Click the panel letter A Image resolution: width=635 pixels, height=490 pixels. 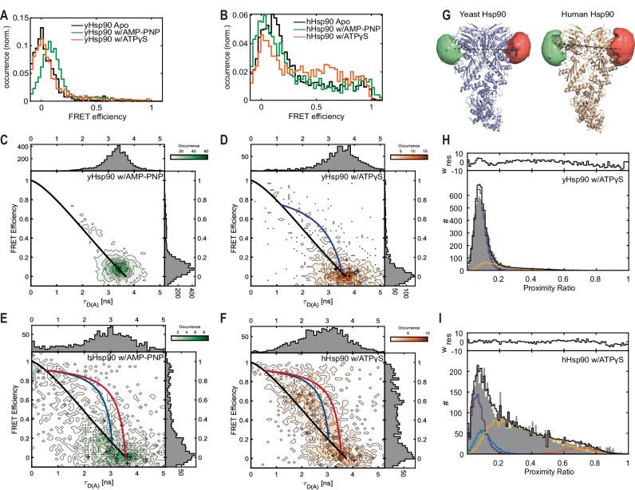tap(6, 7)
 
